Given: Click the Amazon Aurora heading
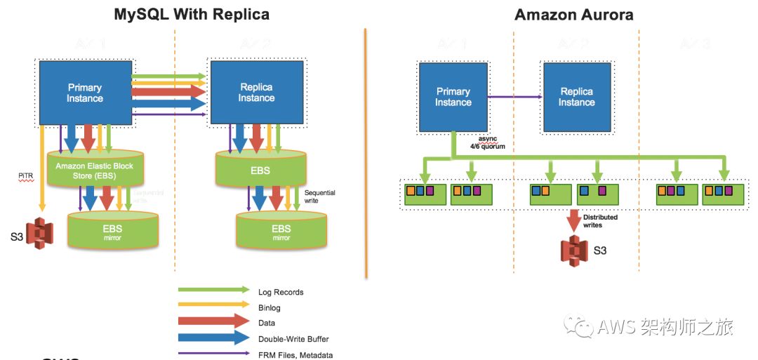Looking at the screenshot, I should [x=574, y=15].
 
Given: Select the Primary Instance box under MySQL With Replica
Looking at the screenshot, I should [x=85, y=93].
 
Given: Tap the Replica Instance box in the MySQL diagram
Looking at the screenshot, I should [x=256, y=93].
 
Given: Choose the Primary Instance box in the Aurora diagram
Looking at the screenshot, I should [x=453, y=97].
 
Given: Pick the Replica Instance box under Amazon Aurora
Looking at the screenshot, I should [x=577, y=97].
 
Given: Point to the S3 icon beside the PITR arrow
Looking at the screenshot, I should [x=41, y=233].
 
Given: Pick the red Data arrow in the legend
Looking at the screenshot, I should [x=213, y=321].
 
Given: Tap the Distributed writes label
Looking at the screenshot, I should [x=600, y=221].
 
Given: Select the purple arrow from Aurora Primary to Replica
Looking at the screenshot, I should [x=515, y=97].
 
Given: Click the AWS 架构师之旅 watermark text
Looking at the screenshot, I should [x=665, y=327].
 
